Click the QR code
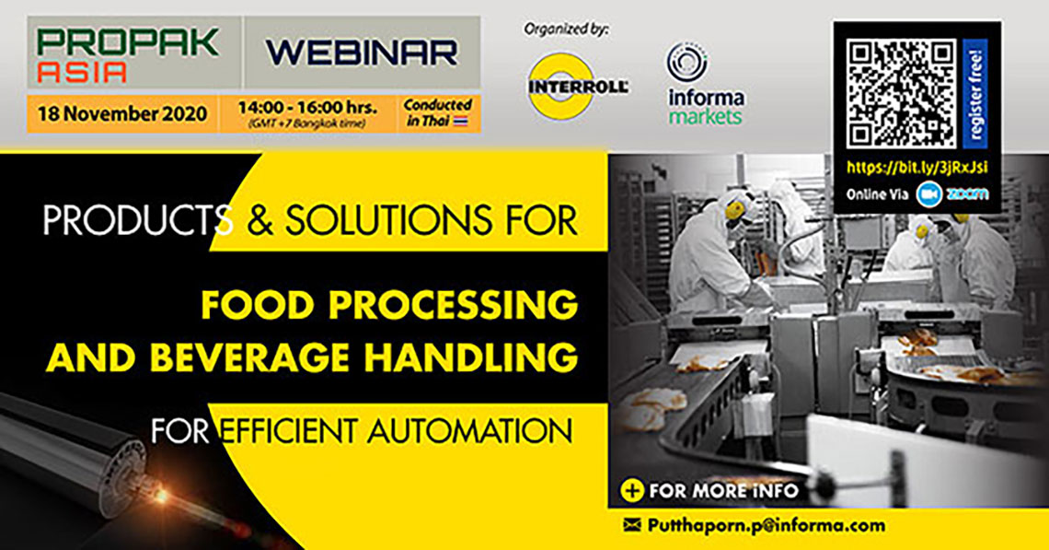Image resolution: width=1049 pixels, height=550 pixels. click(901, 94)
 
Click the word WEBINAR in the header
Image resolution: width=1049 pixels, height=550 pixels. click(362, 53)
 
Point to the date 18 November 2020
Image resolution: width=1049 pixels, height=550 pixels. click(122, 114)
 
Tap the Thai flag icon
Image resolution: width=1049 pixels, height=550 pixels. click(461, 122)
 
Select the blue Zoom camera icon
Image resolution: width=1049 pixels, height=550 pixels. click(928, 194)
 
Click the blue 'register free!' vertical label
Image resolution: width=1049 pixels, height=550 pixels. click(974, 94)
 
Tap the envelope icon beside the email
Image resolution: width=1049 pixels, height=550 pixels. click(632, 525)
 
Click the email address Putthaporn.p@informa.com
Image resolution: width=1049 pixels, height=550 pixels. click(766, 526)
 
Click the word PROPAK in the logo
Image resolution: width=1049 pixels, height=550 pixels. click(128, 42)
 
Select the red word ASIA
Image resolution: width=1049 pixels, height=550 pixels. click(82, 73)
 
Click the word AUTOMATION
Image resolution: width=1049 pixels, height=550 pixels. click(469, 431)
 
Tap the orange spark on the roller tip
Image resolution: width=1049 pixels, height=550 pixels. click(161, 496)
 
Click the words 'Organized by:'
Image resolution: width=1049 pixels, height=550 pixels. click(566, 29)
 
